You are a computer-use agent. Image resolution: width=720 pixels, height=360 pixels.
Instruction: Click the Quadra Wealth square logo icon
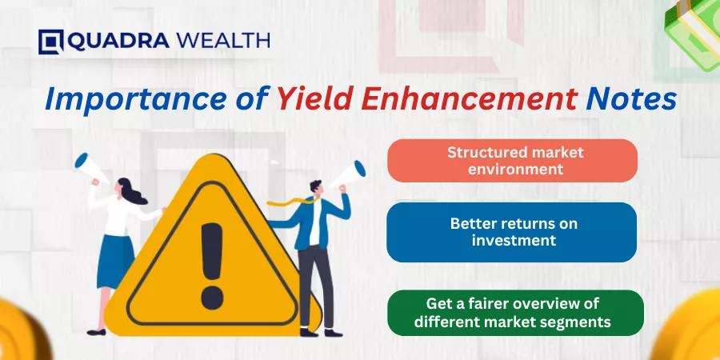(x=51, y=42)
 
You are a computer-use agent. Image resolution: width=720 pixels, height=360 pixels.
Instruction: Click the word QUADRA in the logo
(x=119, y=42)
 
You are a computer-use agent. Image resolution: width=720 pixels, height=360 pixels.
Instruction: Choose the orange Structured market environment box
(x=512, y=161)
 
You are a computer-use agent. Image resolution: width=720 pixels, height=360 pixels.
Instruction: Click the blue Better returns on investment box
(x=511, y=232)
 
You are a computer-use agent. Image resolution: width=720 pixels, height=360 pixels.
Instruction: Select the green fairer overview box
(x=515, y=313)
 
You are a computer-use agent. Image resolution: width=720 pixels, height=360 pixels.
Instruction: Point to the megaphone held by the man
(x=348, y=175)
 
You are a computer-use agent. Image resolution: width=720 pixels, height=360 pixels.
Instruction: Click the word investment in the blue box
(x=514, y=240)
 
